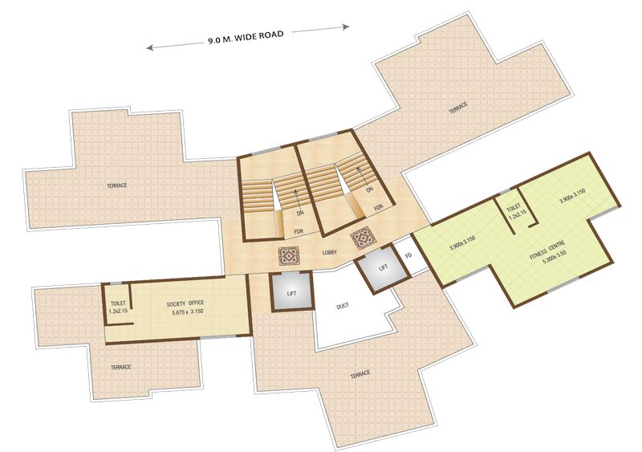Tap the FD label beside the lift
[408, 255]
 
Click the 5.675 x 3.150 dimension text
[188, 314]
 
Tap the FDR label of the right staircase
[379, 206]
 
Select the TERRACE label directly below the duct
[360, 374]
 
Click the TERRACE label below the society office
[120, 367]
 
